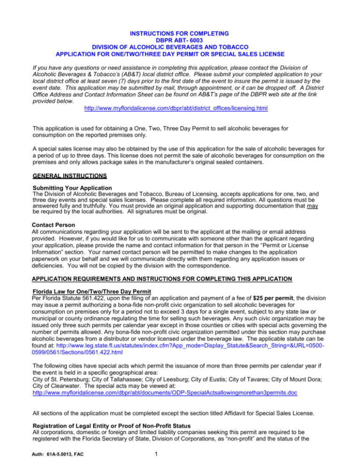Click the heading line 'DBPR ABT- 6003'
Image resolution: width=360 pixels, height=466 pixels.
(180, 40)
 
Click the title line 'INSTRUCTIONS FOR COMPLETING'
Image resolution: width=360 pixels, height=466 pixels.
(180, 33)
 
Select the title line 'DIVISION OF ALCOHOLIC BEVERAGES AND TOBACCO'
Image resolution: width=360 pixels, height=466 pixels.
(180, 47)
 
